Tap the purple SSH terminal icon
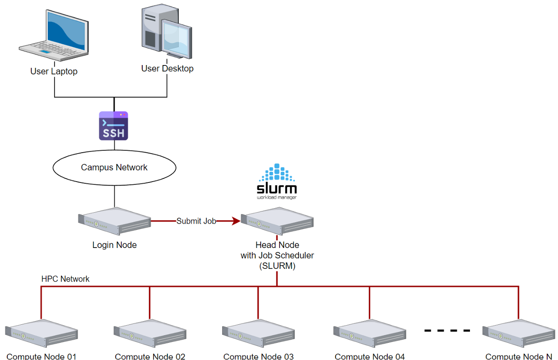(114, 126)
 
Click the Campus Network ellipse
(114, 168)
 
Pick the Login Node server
(114, 221)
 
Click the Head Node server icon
(277, 221)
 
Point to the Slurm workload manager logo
(277, 182)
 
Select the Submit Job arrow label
(196, 221)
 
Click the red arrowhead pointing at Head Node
(236, 221)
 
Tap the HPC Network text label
(65, 279)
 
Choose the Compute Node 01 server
(42, 333)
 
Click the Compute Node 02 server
(150, 333)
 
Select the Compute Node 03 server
(258, 333)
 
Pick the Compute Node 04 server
(369, 333)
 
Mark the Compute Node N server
(518, 333)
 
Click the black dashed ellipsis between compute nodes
(447, 330)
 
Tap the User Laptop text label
(54, 71)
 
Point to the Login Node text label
(114, 245)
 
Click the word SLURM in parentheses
(277, 266)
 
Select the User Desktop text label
(167, 69)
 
